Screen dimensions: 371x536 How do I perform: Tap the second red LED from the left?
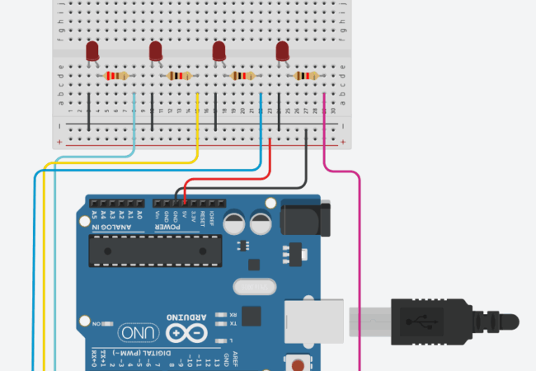pos(156,51)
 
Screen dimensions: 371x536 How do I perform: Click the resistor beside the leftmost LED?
pos(115,77)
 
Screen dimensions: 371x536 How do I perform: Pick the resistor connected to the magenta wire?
pos(305,77)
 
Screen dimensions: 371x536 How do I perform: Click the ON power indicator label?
pos(96,323)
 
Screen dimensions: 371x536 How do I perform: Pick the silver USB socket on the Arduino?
pos(316,320)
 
